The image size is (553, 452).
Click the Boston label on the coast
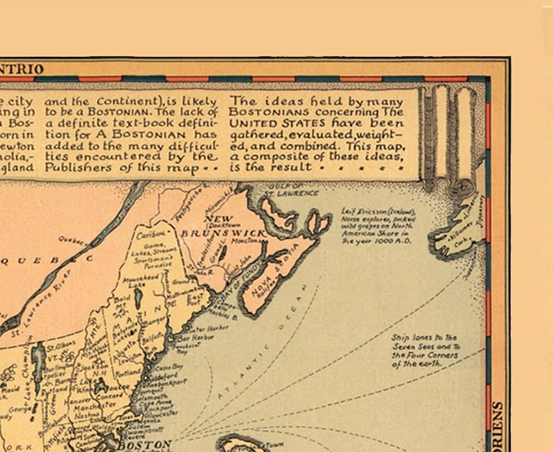tap(143, 444)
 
